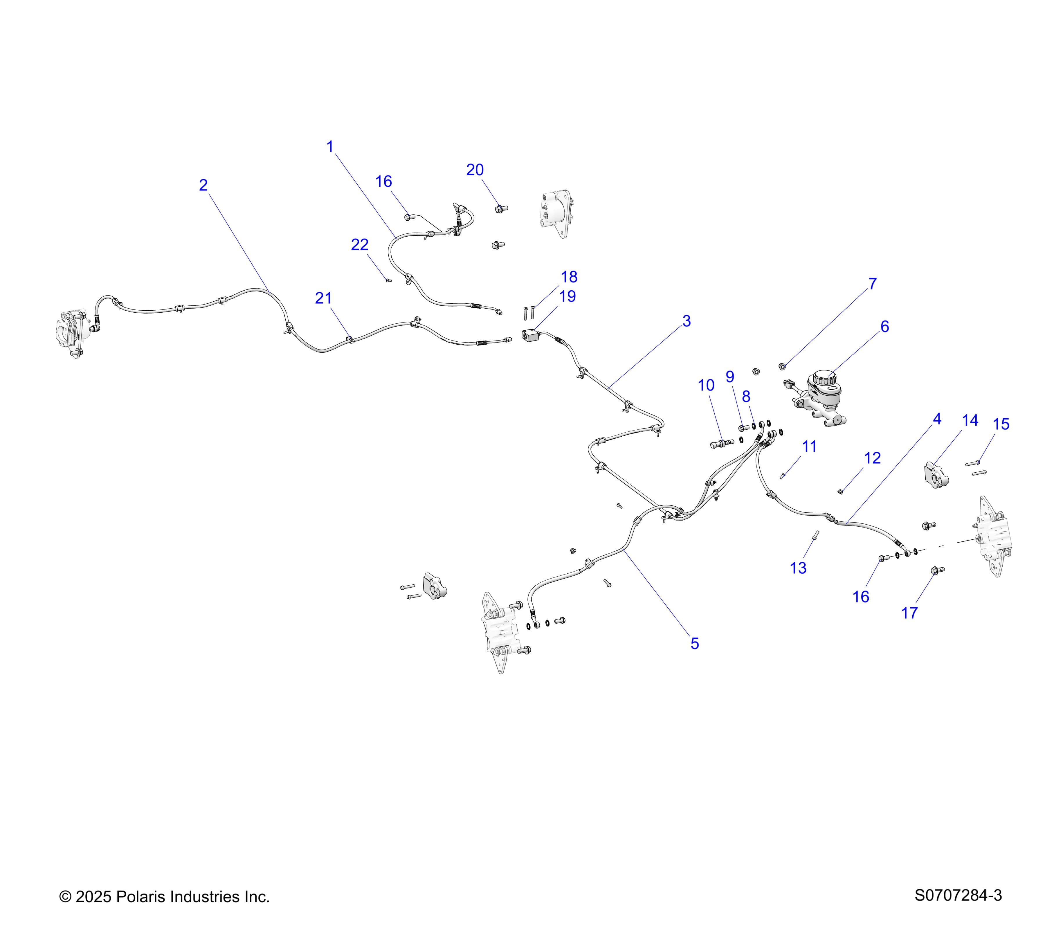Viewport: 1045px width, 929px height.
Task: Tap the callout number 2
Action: tap(203, 185)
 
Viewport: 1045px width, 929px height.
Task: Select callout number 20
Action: tap(475, 170)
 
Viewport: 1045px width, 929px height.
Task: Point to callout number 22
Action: tap(360, 245)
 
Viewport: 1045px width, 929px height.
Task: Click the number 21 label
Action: tap(324, 298)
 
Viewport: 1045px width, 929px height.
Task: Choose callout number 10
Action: tap(707, 386)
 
